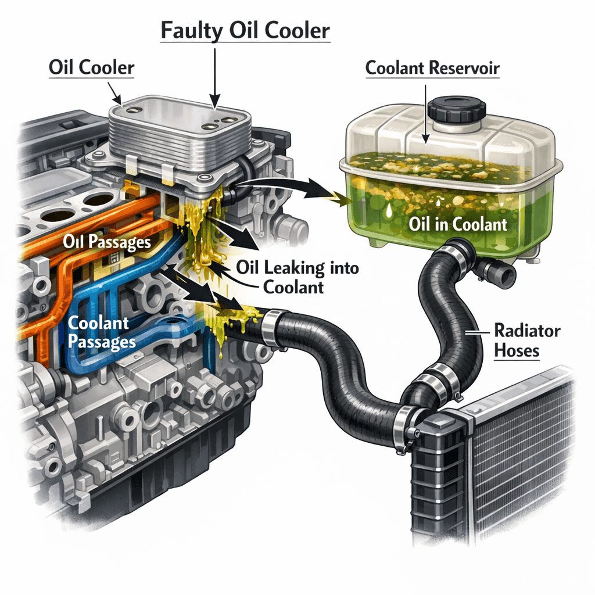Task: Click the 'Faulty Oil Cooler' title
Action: click(245, 30)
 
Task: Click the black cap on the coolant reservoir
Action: click(456, 110)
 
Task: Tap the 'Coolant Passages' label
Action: click(102, 332)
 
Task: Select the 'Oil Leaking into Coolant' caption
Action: click(297, 277)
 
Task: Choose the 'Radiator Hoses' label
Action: click(526, 340)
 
